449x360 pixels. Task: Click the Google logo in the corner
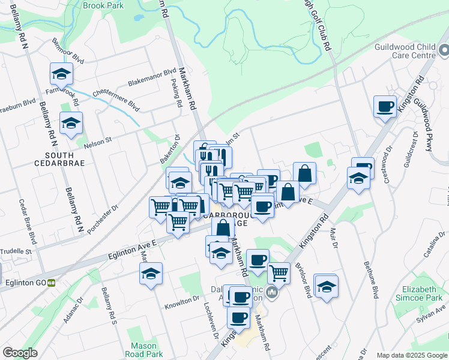click(x=20, y=353)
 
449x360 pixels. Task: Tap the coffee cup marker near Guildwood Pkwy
click(x=385, y=106)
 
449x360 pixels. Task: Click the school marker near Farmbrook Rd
click(x=61, y=74)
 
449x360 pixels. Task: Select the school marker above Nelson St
click(x=71, y=122)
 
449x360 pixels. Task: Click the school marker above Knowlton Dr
click(x=151, y=274)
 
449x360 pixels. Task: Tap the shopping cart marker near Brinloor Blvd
click(x=279, y=272)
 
